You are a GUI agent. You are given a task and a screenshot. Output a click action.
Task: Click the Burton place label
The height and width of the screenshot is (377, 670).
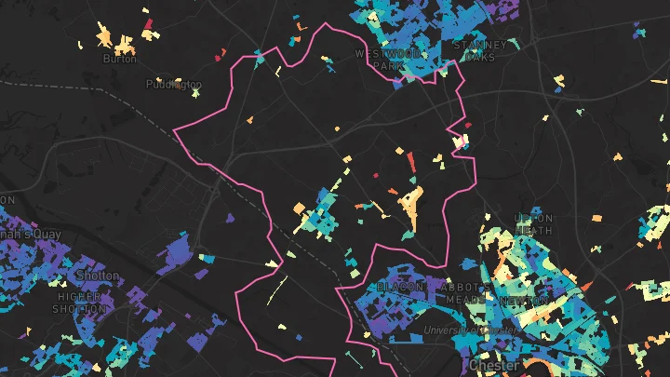tap(119, 59)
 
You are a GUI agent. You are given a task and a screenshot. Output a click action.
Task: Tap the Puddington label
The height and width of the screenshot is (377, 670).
tap(173, 84)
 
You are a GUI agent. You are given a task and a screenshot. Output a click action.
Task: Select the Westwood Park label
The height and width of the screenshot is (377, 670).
tap(388, 60)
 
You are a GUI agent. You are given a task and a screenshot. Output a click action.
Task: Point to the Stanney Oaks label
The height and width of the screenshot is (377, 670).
tap(480, 50)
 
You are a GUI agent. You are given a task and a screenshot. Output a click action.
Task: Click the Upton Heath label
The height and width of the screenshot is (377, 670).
tap(533, 224)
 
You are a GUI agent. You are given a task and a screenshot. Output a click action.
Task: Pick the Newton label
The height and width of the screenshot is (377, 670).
tap(522, 302)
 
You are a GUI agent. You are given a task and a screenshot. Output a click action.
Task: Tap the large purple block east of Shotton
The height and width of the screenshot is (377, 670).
tap(178, 253)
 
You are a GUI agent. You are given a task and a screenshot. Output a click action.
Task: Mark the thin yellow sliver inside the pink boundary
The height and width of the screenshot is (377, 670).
tap(276, 290)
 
